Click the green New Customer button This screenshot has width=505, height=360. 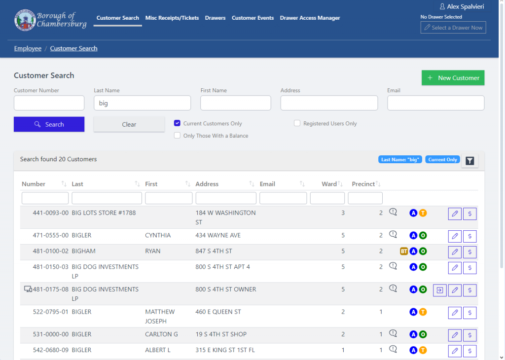tap(453, 78)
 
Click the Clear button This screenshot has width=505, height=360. tap(129, 124)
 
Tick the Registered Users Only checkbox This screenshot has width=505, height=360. tap(297, 123)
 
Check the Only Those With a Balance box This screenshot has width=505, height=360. tap(178, 136)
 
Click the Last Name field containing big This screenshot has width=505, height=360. tap(142, 103)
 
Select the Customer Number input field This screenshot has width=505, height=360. tap(49, 103)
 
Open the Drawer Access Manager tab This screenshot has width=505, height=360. tap(310, 18)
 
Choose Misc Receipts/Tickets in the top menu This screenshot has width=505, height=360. tap(172, 18)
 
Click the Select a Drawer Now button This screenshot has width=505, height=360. tap(453, 28)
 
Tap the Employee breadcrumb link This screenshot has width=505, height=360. tap(28, 48)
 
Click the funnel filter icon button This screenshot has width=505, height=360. tap(469, 161)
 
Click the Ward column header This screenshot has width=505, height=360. tap(329, 184)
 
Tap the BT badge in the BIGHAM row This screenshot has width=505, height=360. tap(404, 252)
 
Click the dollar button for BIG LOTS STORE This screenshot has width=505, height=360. tap(469, 214)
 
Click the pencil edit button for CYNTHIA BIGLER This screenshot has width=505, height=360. tap(455, 236)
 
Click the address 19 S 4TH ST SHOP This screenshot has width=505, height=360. tap(221, 334)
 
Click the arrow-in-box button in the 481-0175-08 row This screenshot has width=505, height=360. tap(440, 290)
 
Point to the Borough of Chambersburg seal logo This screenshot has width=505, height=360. tap(24, 20)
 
